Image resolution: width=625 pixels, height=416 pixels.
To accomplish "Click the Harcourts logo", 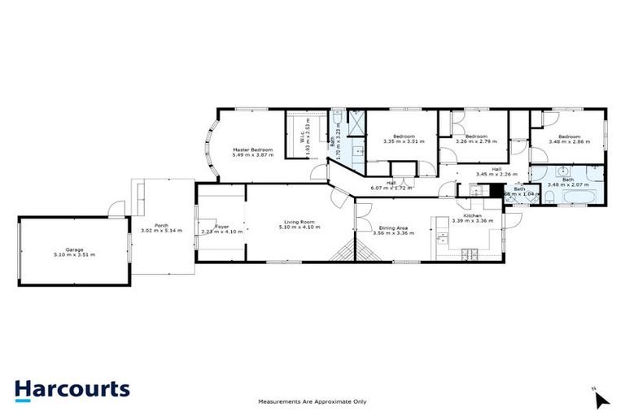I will (72, 388).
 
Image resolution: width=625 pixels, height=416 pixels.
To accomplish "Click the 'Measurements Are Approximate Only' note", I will (312, 401).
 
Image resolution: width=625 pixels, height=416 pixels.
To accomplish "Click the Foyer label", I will (222, 227).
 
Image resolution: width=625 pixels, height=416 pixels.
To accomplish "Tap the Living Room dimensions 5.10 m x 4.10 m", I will (299, 227).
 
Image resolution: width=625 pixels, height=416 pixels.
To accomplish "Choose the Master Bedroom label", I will (252, 149).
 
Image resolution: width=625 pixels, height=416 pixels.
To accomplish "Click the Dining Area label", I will (393, 228).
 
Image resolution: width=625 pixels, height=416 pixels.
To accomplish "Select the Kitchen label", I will (473, 214).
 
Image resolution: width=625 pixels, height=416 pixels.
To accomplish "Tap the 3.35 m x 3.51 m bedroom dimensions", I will (404, 141).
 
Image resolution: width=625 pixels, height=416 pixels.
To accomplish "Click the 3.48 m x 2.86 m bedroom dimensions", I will (569, 141).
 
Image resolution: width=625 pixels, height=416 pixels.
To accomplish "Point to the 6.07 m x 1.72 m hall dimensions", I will (391, 188).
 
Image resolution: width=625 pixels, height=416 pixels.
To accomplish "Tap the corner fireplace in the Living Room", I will (343, 250).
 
